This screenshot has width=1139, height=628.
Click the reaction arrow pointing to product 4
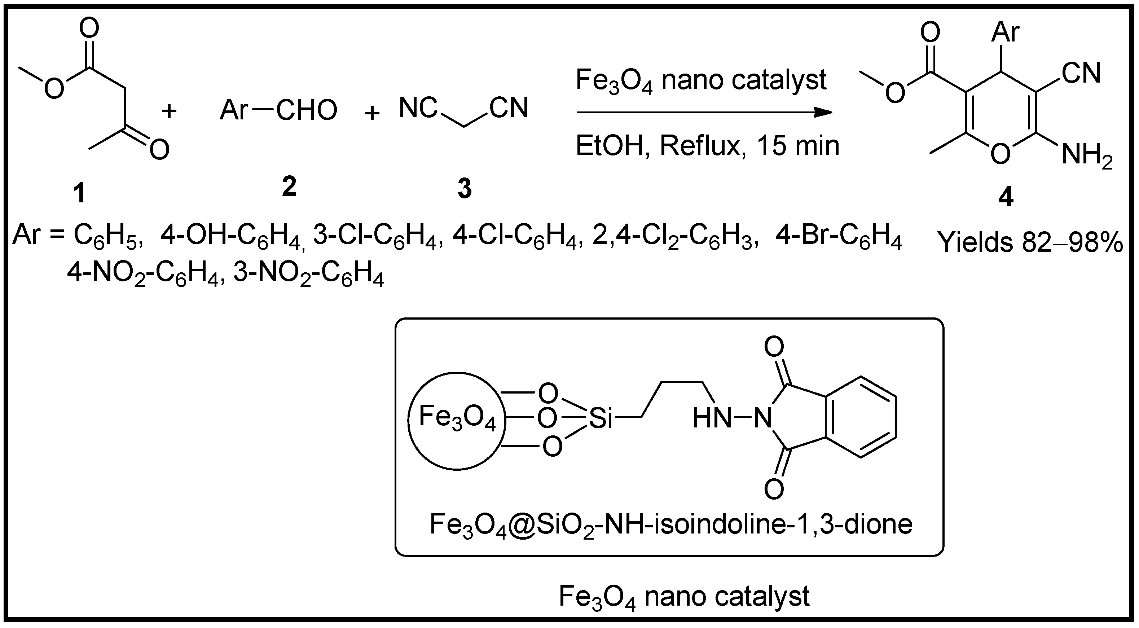[703, 112]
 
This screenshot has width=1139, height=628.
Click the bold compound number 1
[80, 193]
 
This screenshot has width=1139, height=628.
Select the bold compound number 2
[289, 186]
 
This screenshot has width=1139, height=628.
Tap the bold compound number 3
[464, 189]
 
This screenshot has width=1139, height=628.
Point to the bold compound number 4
[1006, 198]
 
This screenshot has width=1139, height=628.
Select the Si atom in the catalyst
[601, 418]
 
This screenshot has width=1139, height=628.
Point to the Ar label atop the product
[1006, 32]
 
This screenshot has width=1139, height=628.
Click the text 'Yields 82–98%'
[1030, 242]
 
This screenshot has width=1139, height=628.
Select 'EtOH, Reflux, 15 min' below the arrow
[707, 146]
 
